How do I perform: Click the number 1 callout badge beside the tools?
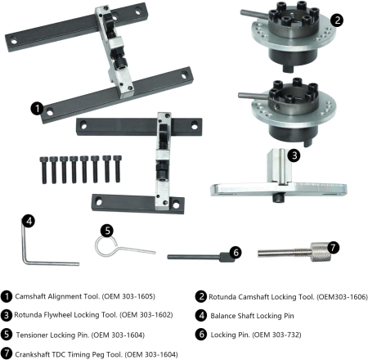(36, 106)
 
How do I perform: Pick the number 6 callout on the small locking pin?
(236, 254)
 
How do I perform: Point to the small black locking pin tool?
(196, 256)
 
